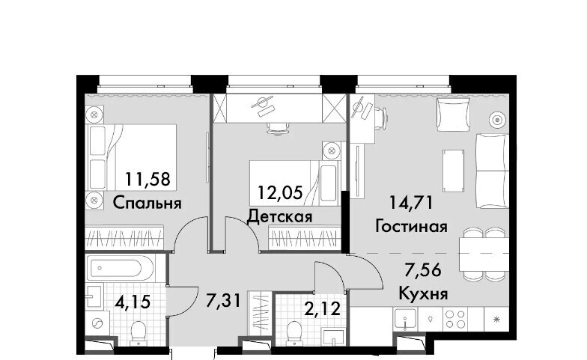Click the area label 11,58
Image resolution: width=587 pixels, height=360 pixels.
pyautogui.click(x=148, y=180)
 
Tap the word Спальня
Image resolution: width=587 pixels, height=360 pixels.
pyautogui.click(x=147, y=204)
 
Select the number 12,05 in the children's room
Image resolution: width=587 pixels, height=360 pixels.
pyautogui.click(x=280, y=193)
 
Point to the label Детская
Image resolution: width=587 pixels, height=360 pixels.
pyautogui.click(x=280, y=217)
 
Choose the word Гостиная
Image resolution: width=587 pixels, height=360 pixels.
pyautogui.click(x=412, y=226)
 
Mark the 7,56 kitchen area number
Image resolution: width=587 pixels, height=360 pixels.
pyautogui.click(x=424, y=269)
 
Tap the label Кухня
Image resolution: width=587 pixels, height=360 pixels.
pyautogui.click(x=424, y=293)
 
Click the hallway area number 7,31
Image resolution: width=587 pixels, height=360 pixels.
pyautogui.click(x=223, y=300)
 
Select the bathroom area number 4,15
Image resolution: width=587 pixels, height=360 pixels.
pyautogui.click(x=133, y=302)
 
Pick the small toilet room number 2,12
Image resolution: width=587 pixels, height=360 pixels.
pyautogui.click(x=323, y=308)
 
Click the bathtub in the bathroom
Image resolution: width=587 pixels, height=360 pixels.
pyautogui.click(x=120, y=268)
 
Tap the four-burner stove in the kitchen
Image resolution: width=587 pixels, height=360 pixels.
pyautogui.click(x=454, y=319)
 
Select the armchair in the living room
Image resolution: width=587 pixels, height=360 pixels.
pyautogui.click(x=454, y=115)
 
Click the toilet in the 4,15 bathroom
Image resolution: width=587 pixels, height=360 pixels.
pyautogui.click(x=139, y=332)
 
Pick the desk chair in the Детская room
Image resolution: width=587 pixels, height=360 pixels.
pyautogui.click(x=277, y=127)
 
